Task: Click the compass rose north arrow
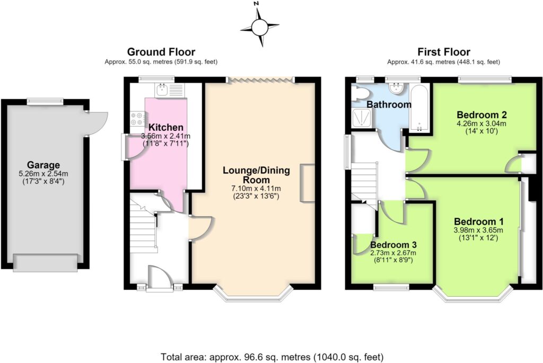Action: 259,26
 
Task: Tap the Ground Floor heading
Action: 161,52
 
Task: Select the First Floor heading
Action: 444,52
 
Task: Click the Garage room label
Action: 43,165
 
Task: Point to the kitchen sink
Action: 162,90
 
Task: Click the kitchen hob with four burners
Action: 136,118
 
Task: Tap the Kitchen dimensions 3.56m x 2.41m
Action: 165,136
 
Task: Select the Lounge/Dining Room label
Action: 256,175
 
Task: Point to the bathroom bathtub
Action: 420,108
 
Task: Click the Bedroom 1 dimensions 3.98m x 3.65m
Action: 478,230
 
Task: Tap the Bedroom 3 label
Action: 393,245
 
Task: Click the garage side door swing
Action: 97,123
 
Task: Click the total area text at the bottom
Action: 272,357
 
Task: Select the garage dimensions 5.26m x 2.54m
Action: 43,174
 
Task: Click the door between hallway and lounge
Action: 200,228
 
